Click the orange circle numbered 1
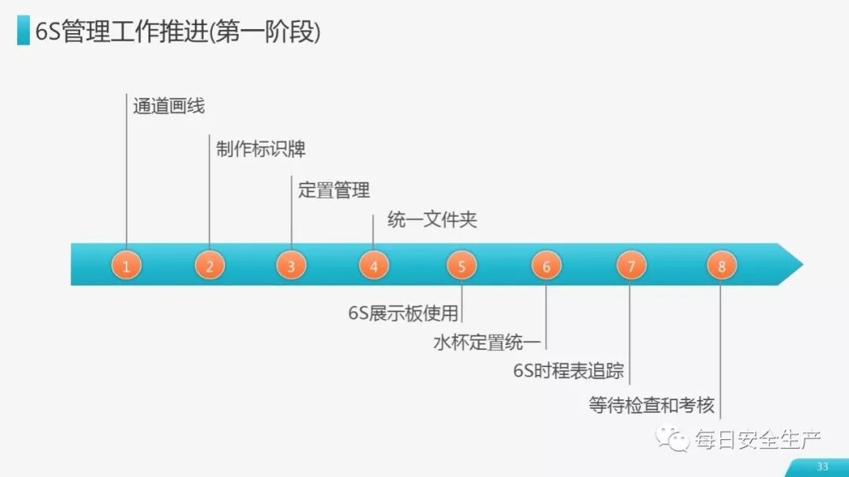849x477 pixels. click(x=126, y=266)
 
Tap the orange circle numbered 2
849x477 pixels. click(x=209, y=266)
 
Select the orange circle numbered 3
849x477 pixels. click(x=291, y=266)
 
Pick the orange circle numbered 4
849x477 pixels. click(x=373, y=266)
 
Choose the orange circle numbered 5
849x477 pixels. click(x=461, y=266)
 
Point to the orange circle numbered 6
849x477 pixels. click(x=546, y=266)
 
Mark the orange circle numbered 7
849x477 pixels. click(x=630, y=266)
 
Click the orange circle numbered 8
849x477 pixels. click(x=721, y=266)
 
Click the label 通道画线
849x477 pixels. click(x=169, y=106)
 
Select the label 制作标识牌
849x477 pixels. click(x=260, y=149)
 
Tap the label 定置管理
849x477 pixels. click(x=334, y=190)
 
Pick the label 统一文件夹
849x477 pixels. click(x=432, y=220)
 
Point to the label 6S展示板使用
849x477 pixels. click(x=403, y=314)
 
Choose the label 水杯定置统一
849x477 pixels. click(x=487, y=343)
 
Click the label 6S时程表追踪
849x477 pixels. click(x=568, y=371)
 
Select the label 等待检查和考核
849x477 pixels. click(x=652, y=405)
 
